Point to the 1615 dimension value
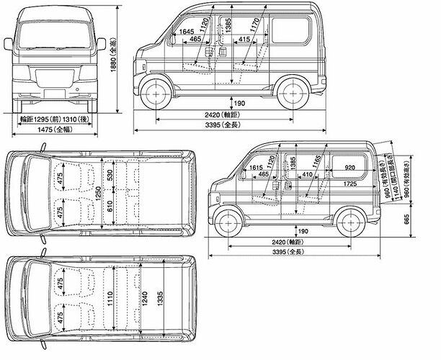255,168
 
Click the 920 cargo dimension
349,168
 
